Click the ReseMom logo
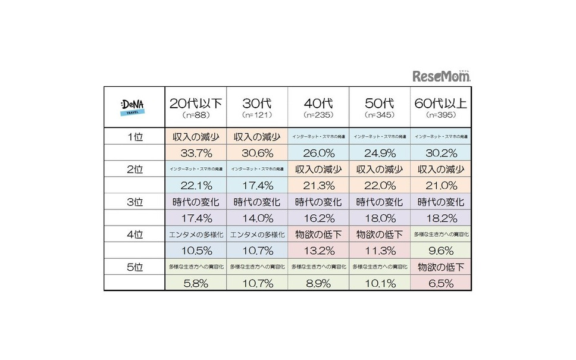[442, 76]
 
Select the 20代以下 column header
[195, 102]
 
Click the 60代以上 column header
[440, 102]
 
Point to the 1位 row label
[134, 136]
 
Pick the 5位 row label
[134, 267]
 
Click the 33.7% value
[195, 153]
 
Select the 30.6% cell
[256, 153]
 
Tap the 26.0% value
[318, 153]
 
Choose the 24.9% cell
[379, 153]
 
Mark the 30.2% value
[440, 153]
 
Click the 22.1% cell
[195, 186]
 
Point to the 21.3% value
[318, 186]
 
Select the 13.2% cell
[318, 250]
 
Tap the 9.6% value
[440, 250]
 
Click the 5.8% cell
[195, 283]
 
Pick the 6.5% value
[440, 283]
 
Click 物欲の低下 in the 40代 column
[318, 234]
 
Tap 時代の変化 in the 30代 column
[256, 202]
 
